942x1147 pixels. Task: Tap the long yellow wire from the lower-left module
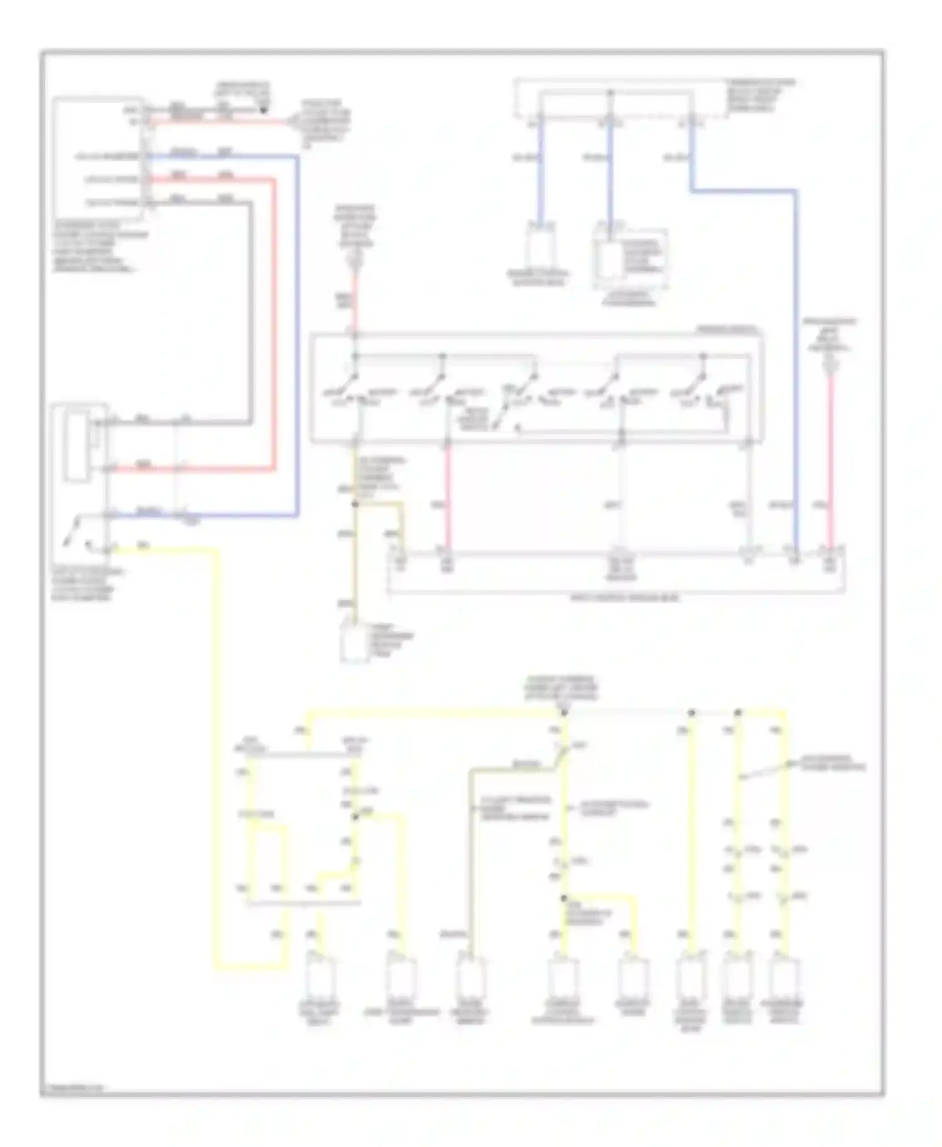click(x=218, y=753)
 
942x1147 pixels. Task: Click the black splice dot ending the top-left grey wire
click(x=264, y=111)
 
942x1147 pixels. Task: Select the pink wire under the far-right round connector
click(x=830, y=464)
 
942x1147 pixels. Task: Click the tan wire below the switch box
click(x=355, y=552)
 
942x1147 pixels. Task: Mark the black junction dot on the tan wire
click(x=355, y=504)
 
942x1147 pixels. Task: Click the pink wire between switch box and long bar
click(x=448, y=502)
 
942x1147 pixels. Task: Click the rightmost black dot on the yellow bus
click(x=739, y=713)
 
